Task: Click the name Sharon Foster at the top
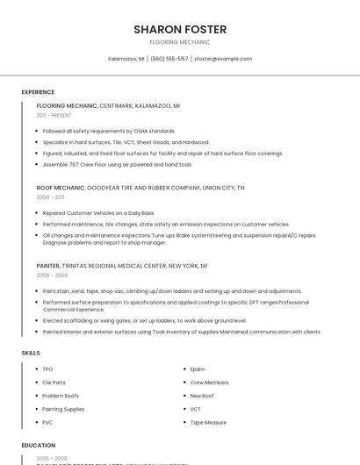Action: [179, 29]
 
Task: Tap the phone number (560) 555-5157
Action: [169, 59]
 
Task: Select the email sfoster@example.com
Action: [223, 59]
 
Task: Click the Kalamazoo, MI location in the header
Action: [126, 59]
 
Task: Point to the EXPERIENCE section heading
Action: [38, 92]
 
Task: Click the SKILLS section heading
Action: [31, 353]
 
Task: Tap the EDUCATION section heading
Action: [39, 446]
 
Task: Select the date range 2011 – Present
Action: [54, 115]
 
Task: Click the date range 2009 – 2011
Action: [51, 197]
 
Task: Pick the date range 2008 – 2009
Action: [52, 275]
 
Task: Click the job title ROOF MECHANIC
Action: [60, 188]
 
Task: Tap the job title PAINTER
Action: [48, 265]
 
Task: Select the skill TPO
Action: [47, 369]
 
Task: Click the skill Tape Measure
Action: [208, 422]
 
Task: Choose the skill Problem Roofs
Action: [61, 396]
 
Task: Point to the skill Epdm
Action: [198, 369]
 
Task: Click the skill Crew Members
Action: [209, 383]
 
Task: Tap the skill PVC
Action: [47, 422]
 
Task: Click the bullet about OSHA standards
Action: [109, 131]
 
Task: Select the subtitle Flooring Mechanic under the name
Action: [179, 42]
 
